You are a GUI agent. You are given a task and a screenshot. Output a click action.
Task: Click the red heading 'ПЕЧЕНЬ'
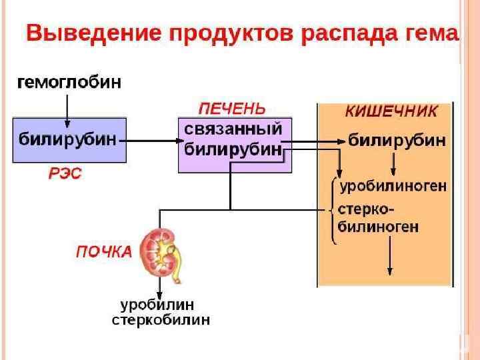coord(232,108)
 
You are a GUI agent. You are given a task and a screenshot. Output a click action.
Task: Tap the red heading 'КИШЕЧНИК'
coord(391,111)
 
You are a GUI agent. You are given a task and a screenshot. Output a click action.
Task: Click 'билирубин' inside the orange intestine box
coord(397,141)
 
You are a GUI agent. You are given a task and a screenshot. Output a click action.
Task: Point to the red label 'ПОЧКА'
coord(103,253)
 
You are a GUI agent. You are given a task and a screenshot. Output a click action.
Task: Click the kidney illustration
coord(159,251)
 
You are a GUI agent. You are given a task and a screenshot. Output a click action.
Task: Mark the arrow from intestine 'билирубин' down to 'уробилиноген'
coord(394,163)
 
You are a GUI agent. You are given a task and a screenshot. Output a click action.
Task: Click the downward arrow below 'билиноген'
coord(391,257)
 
